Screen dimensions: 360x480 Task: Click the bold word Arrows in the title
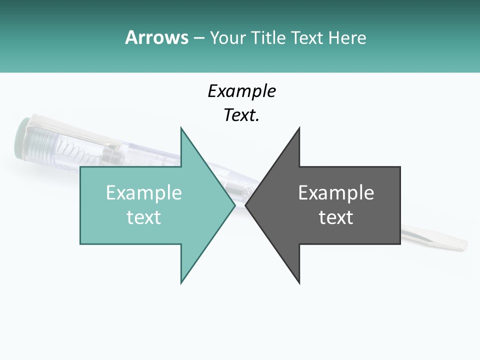(156, 37)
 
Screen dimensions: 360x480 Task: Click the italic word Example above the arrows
(241, 91)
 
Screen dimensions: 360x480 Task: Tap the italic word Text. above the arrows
(241, 115)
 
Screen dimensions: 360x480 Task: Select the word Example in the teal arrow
(144, 193)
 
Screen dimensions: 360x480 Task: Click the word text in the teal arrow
(144, 217)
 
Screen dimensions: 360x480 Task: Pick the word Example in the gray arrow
(336, 193)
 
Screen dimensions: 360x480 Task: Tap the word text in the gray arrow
(336, 217)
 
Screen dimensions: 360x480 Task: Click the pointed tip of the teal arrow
(234, 205)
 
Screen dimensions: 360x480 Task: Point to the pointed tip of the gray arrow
(246, 205)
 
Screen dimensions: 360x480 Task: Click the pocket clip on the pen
(75, 129)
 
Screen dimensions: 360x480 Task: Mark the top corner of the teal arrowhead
(181, 128)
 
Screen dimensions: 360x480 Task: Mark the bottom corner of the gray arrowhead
(299, 283)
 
